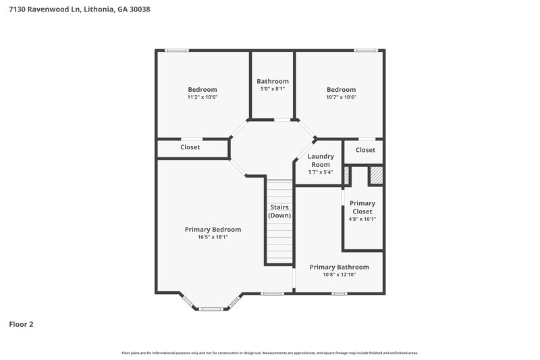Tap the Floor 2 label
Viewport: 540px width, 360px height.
click(x=21, y=324)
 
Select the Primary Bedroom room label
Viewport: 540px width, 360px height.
click(x=213, y=230)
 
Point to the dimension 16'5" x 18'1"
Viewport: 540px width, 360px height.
click(x=213, y=238)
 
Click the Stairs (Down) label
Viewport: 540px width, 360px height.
click(x=279, y=211)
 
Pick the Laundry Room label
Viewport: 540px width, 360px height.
click(x=320, y=160)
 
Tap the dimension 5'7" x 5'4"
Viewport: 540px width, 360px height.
click(x=320, y=172)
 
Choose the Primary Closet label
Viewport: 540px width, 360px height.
click(x=362, y=207)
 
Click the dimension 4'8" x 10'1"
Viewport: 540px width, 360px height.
click(x=362, y=219)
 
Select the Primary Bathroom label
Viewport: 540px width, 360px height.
click(x=339, y=267)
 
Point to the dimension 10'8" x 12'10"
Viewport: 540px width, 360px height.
click(x=339, y=275)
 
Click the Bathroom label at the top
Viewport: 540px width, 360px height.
click(x=272, y=81)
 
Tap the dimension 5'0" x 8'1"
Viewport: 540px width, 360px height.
click(x=272, y=89)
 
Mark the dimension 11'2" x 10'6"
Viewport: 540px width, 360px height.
click(x=202, y=97)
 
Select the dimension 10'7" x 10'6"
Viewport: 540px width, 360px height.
click(x=341, y=97)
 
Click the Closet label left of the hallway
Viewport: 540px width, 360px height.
click(x=190, y=147)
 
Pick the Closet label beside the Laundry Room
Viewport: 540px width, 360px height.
click(x=365, y=150)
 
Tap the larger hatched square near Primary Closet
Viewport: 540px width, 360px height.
click(x=375, y=176)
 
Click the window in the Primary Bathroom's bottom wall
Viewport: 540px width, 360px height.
click(x=339, y=293)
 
